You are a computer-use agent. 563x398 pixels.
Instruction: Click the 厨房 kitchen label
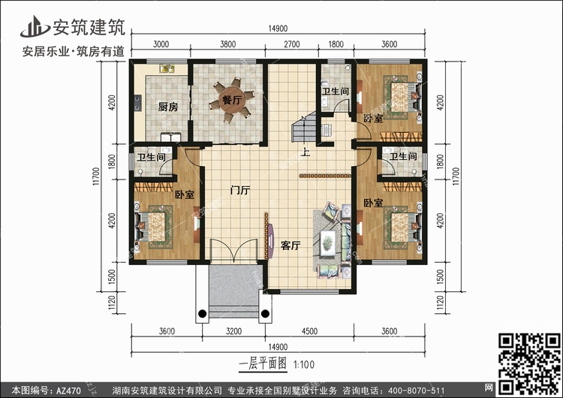(168, 107)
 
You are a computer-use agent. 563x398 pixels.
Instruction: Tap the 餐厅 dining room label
(230, 98)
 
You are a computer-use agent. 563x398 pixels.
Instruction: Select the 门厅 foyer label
(239, 191)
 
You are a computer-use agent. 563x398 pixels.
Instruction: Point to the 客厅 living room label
(291, 245)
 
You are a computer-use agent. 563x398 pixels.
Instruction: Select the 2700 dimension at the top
(293, 44)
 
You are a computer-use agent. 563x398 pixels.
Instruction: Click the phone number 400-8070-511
(420, 390)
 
